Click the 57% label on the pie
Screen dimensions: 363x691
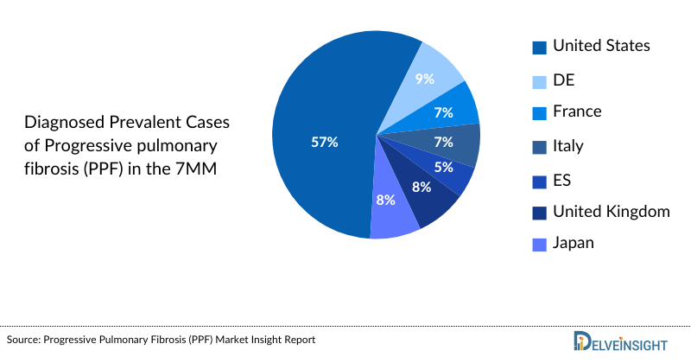[324, 142]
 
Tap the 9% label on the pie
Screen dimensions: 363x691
[424, 79]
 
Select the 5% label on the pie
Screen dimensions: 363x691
[444, 167]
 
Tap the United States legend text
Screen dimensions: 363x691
[601, 45]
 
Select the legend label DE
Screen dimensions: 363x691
[563, 80]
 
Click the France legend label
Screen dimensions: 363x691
[577, 111]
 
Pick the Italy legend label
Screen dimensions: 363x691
[568, 145]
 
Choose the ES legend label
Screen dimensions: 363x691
[561, 180]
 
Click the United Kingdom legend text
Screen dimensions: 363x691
[611, 211]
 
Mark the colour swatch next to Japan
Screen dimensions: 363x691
[539, 245]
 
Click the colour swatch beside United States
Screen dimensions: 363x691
[539, 47]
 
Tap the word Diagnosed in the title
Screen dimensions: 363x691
[62, 121]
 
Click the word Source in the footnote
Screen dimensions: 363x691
[24, 341]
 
